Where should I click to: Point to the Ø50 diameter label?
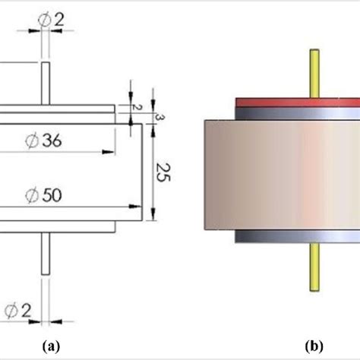[45, 195]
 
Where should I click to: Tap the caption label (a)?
[50, 346]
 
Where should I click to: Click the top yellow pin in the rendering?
[314, 72]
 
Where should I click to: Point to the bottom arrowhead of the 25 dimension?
[153, 216]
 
